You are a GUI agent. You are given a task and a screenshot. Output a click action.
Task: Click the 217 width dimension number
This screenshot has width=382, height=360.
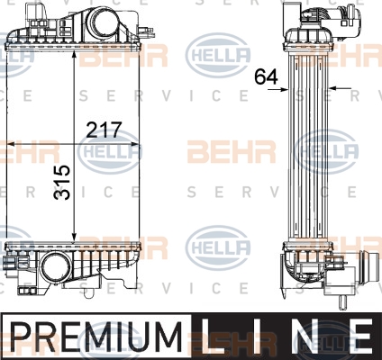[104, 130]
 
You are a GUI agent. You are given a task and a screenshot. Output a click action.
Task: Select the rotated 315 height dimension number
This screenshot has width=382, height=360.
[62, 183]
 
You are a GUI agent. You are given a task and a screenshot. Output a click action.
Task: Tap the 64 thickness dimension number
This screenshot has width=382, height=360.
[266, 76]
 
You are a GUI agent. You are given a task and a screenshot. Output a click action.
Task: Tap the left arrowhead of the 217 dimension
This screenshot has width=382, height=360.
[11, 144]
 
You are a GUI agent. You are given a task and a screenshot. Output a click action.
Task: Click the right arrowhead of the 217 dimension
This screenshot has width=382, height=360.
[136, 144]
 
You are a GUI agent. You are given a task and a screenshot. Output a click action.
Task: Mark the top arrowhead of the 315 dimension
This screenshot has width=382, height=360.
[74, 56]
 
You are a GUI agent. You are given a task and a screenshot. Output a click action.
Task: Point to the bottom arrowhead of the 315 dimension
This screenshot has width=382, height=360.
[74, 238]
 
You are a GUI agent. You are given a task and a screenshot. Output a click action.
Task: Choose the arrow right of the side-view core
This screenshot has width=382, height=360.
[340, 88]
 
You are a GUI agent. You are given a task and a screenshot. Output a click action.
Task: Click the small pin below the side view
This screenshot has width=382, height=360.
[341, 302]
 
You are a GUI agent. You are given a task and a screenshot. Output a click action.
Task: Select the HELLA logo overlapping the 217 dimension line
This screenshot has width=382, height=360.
[110, 151]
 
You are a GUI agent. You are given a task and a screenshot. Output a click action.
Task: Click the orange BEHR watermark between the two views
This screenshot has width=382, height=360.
[232, 151]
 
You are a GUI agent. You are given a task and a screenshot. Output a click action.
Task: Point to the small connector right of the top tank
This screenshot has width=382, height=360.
[146, 30]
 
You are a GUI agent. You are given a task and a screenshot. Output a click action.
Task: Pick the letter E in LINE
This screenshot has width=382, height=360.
[360, 336]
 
